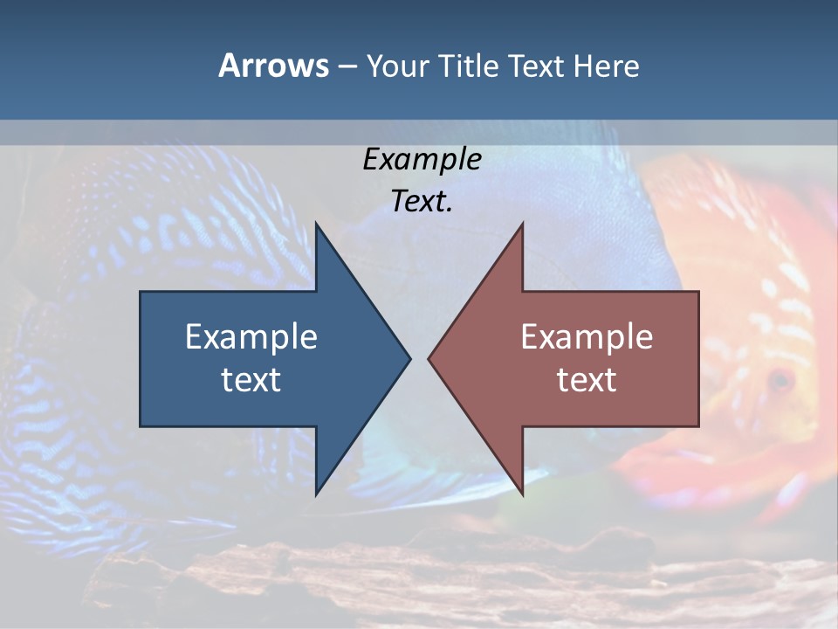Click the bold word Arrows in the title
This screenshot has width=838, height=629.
(273, 66)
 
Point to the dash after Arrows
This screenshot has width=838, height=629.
(347, 67)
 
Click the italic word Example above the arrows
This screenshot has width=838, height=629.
(422, 159)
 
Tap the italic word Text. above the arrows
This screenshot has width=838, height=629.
(422, 202)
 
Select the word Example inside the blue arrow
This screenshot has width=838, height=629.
(251, 336)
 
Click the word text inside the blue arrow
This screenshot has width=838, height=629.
(251, 379)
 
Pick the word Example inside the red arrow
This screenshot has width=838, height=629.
(587, 336)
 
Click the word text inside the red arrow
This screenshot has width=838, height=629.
(587, 379)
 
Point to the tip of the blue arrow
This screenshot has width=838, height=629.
(409, 358)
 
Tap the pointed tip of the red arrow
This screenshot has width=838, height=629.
(430, 358)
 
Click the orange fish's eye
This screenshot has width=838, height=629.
(779, 380)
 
